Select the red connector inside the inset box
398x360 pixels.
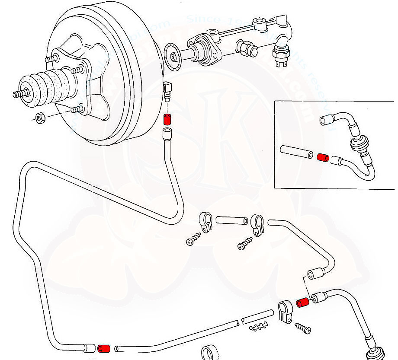[x=322, y=157]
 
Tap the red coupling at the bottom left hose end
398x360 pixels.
[x=104, y=348]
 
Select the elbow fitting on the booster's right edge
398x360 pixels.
[x=168, y=90]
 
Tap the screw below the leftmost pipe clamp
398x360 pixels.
[x=194, y=239]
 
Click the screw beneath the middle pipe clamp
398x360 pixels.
[x=245, y=243]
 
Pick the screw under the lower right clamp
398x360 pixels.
[x=302, y=327]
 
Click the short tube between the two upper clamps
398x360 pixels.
[x=231, y=220]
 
